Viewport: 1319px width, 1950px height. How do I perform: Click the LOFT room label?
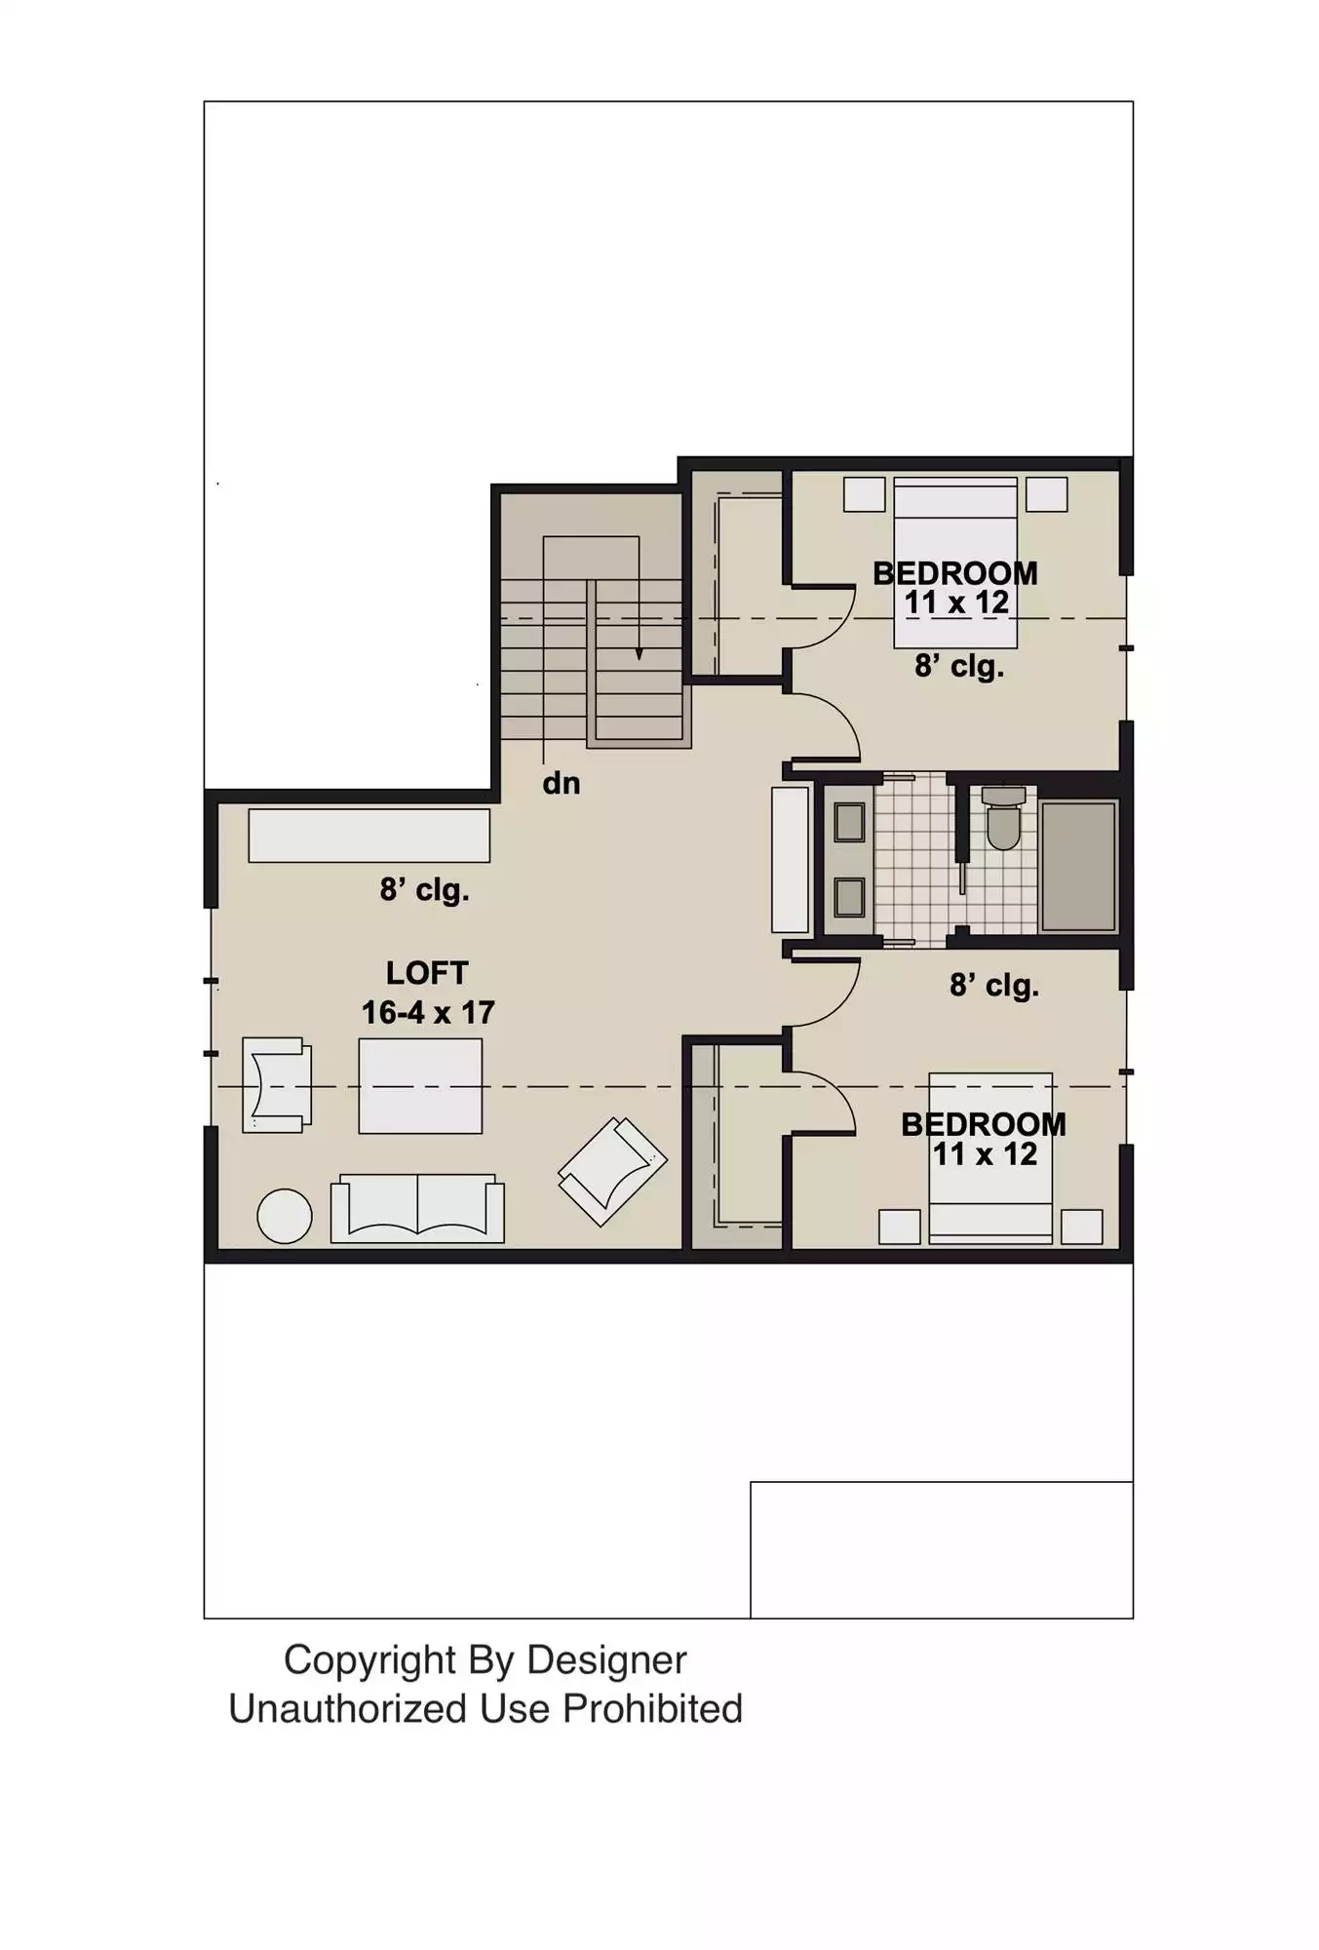pyautogui.click(x=427, y=973)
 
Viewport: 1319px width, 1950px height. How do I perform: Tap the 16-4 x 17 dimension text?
pyautogui.click(x=428, y=1013)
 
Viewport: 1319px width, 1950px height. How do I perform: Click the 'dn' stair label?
pyautogui.click(x=562, y=783)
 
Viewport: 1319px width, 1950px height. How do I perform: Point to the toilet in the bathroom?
pyautogui.click(x=1003, y=817)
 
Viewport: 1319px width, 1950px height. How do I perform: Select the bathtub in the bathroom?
pyautogui.click(x=1078, y=866)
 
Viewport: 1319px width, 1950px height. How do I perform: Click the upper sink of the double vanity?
pyautogui.click(x=849, y=823)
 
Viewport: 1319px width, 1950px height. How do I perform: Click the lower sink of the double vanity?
pyautogui.click(x=849, y=897)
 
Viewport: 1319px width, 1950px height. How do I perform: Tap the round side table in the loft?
pyautogui.click(x=284, y=1216)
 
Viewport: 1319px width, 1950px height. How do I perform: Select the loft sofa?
pyautogui.click(x=417, y=1208)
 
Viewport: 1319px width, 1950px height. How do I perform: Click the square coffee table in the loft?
pyautogui.click(x=420, y=1086)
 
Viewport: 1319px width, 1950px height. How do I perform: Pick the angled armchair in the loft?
pyautogui.click(x=612, y=1171)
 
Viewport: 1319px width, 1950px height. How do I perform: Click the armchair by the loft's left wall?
pyautogui.click(x=277, y=1085)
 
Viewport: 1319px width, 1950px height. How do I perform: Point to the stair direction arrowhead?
pyautogui.click(x=640, y=654)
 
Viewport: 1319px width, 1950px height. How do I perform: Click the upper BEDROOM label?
pyautogui.click(x=955, y=573)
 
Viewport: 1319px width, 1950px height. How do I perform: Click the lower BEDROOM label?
pyautogui.click(x=984, y=1124)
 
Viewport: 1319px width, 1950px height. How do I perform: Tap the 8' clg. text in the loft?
pyautogui.click(x=425, y=890)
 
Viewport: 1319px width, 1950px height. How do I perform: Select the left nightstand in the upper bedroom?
pyautogui.click(x=865, y=494)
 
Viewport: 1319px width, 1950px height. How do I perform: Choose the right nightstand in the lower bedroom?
pyautogui.click(x=1082, y=1227)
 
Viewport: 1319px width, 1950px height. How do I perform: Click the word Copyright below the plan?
pyautogui.click(x=369, y=1660)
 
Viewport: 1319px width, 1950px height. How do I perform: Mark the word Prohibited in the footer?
pyautogui.click(x=652, y=1709)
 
